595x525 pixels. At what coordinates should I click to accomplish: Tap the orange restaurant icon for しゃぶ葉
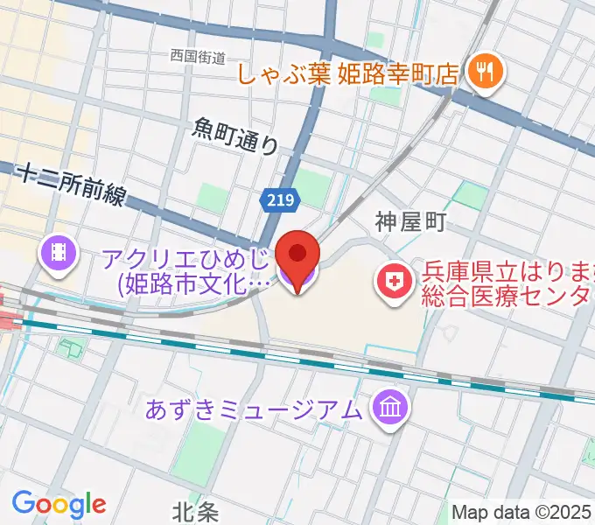click(x=482, y=73)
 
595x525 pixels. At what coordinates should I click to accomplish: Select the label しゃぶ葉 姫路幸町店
click(x=347, y=73)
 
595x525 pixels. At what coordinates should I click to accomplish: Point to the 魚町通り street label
click(x=234, y=136)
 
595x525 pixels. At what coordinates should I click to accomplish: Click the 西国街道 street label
click(x=199, y=56)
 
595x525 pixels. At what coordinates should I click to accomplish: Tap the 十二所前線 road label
click(x=73, y=185)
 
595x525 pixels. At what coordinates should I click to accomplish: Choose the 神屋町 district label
click(x=411, y=221)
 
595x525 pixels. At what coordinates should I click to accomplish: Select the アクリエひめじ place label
click(x=185, y=259)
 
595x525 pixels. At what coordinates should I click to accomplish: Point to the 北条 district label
click(x=192, y=509)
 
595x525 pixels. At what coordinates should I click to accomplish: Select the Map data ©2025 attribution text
click(x=521, y=511)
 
